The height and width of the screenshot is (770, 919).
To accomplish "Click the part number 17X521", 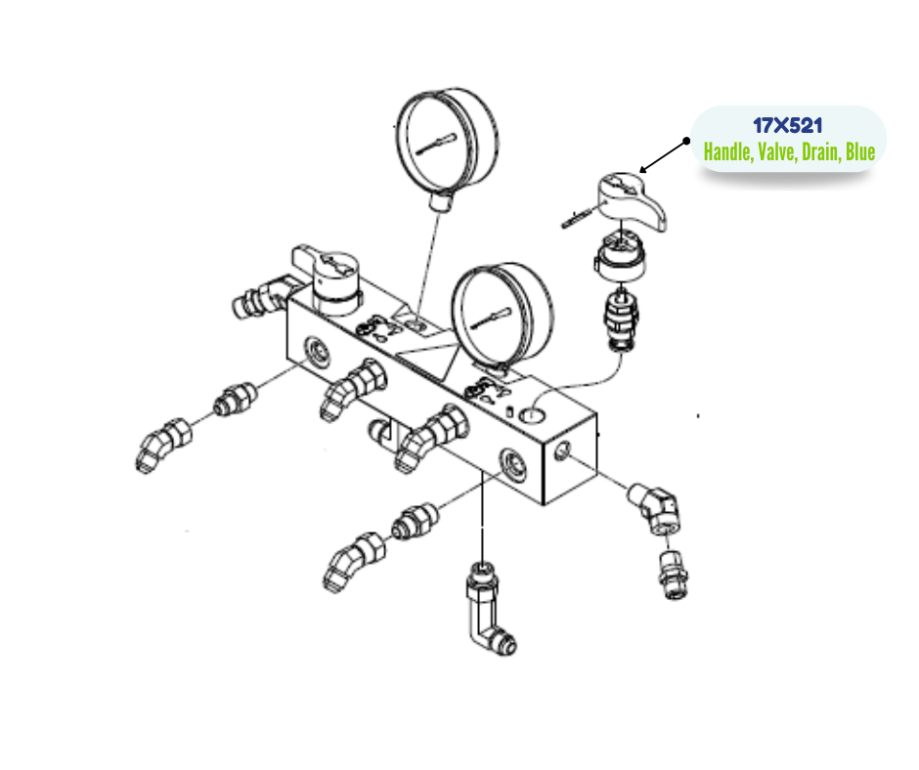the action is (788, 125).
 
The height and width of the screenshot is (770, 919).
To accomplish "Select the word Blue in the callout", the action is (859, 151).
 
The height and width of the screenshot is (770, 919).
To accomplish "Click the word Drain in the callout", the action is (820, 151).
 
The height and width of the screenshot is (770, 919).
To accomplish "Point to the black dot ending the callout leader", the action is (686, 141).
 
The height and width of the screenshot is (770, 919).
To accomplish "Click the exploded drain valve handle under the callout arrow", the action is (631, 200).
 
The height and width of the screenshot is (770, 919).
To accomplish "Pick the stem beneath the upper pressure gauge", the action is (440, 201).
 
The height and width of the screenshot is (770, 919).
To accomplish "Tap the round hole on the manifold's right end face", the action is (561, 451).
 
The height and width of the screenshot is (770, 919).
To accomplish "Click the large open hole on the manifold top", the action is (532, 415).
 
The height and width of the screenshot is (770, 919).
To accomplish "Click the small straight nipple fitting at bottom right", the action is (674, 575).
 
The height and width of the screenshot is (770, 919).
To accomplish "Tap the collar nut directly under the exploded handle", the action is (620, 255).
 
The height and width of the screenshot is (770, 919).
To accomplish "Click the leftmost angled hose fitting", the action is (163, 446).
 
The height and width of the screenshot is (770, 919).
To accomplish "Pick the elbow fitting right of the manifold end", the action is (655, 507).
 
